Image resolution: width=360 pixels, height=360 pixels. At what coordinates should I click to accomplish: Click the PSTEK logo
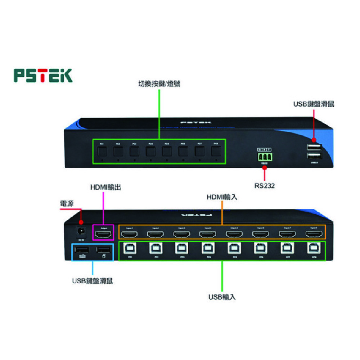pos(43,75)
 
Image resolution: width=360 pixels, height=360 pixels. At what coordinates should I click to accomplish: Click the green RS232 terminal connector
pos(264,157)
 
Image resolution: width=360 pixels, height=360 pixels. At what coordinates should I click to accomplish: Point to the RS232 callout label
pos(265,186)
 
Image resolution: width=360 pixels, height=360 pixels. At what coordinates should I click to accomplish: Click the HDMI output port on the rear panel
pos(104,234)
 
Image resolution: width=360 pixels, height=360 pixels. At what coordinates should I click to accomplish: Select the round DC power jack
pos(81,231)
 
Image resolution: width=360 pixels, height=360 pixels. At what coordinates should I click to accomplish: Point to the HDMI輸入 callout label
pos(222,197)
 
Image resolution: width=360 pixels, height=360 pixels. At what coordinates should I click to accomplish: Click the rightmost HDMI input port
pos(314,234)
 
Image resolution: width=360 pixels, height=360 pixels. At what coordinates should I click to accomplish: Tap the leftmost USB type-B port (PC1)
pos(129,248)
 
